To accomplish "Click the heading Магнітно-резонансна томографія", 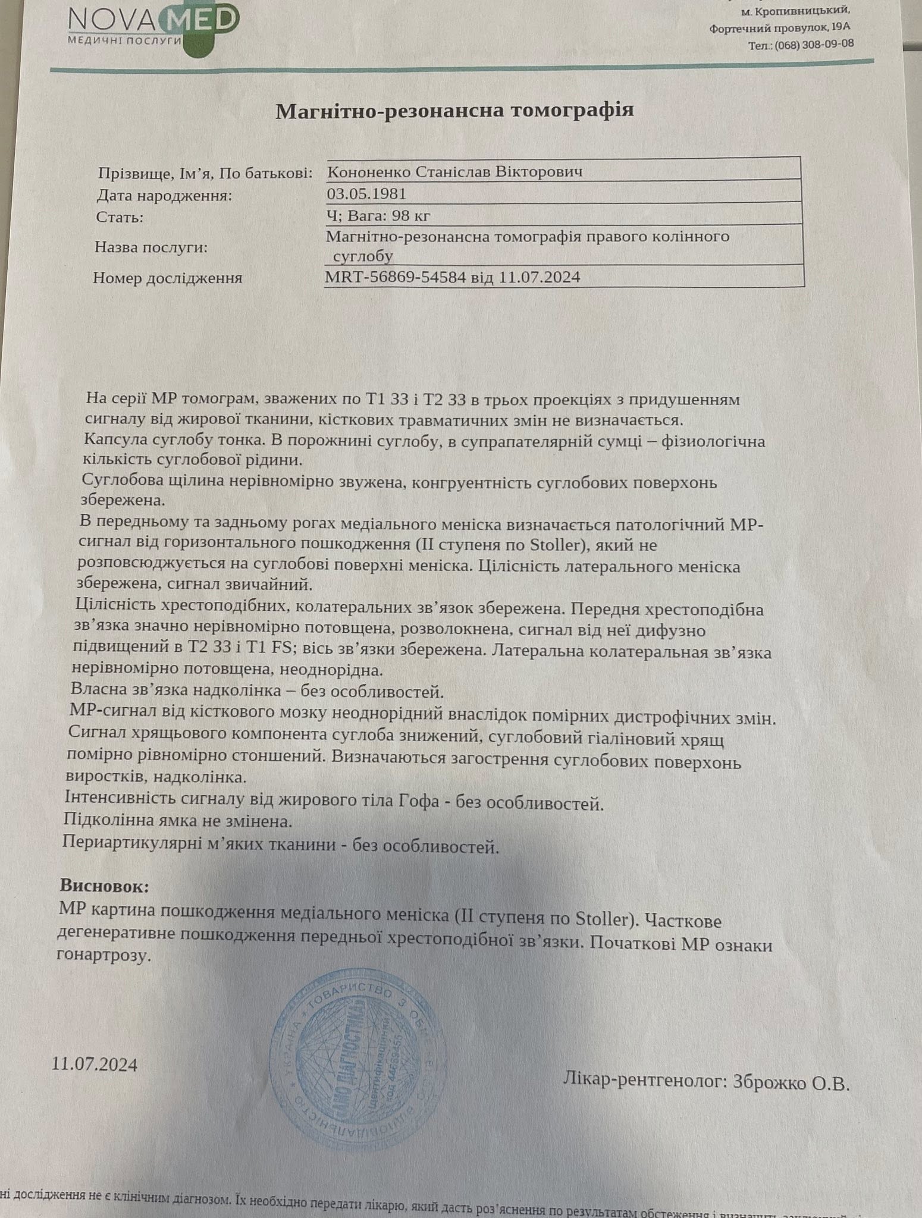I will (454, 110).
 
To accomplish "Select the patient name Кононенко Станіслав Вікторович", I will (454, 172).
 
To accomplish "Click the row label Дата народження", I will (164, 196).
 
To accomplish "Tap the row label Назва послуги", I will (151, 247).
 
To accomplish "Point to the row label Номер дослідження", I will (168, 278).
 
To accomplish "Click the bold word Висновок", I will (105, 886).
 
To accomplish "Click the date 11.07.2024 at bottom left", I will (95, 1063).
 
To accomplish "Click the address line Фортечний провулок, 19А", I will (779, 27).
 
